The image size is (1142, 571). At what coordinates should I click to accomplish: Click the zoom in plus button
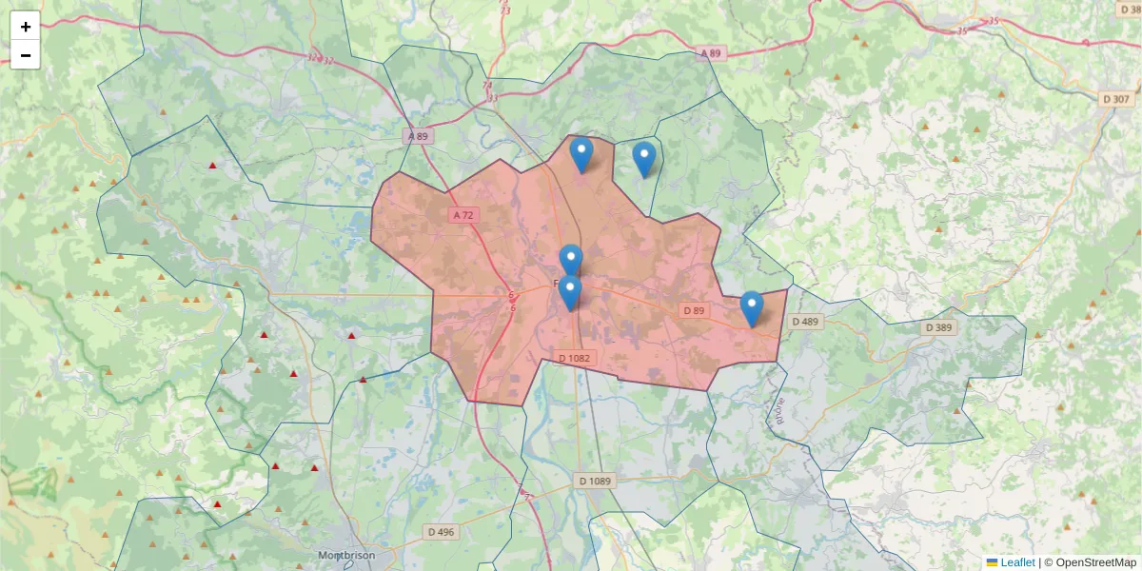coord(25,27)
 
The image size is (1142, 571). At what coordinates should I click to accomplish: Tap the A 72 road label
coord(463,215)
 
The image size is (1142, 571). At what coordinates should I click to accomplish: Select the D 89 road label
coord(694,310)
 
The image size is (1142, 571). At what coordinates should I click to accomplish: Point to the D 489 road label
coord(804,322)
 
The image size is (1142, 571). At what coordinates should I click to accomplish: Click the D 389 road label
coord(938,327)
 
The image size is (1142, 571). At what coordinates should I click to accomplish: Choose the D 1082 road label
coord(574,358)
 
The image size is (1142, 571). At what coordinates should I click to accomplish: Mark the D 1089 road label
coord(595,481)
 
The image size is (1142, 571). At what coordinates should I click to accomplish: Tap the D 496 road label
coord(441,532)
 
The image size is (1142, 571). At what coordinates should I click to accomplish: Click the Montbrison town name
coord(345,556)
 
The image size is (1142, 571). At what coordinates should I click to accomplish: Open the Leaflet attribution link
coord(1016,562)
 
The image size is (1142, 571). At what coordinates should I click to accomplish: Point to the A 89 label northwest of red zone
coord(418,136)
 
